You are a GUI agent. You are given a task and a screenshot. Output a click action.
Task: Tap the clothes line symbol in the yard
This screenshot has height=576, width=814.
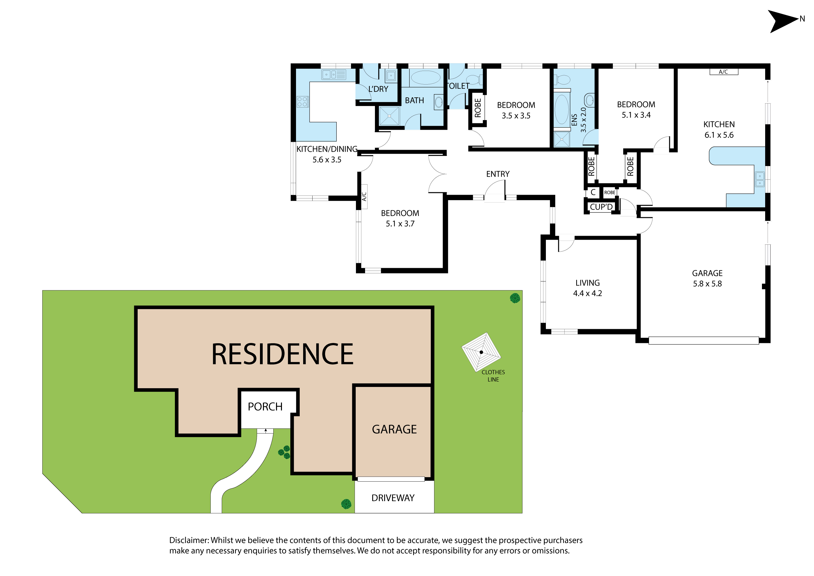pyautogui.click(x=481, y=352)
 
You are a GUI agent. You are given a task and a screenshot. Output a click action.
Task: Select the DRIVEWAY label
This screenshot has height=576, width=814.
pyautogui.click(x=393, y=498)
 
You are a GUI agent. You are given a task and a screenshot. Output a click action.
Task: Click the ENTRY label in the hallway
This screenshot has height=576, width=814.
pyautogui.click(x=498, y=174)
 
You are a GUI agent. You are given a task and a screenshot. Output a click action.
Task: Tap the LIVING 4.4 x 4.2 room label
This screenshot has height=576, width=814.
pyautogui.click(x=588, y=288)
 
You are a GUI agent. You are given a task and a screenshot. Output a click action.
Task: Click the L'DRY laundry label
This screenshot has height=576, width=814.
pyautogui.click(x=378, y=89)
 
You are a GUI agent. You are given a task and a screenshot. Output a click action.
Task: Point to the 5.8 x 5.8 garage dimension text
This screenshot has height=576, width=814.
pyautogui.click(x=707, y=284)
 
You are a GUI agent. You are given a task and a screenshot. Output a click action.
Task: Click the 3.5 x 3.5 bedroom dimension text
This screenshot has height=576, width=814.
pyautogui.click(x=516, y=116)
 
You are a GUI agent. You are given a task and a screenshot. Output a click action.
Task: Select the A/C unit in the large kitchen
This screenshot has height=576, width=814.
pyautogui.click(x=723, y=72)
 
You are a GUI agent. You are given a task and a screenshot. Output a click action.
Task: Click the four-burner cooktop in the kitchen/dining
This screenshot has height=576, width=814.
pyautogui.click(x=302, y=102)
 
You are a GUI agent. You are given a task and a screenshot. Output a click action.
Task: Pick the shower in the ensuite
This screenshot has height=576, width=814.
pyautogui.click(x=562, y=139)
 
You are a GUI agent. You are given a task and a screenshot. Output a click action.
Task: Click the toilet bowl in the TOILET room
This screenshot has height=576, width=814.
pyautogui.click(x=474, y=80)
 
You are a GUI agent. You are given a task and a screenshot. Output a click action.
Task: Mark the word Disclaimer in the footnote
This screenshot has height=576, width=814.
pyautogui.click(x=189, y=540)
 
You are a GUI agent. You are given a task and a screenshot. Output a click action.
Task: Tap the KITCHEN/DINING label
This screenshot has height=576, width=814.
pyautogui.click(x=327, y=149)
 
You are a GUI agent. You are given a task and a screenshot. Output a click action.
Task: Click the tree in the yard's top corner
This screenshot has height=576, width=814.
pyautogui.click(x=515, y=298)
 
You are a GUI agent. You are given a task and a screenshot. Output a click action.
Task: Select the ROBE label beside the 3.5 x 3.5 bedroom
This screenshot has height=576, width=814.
pyautogui.click(x=478, y=108)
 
